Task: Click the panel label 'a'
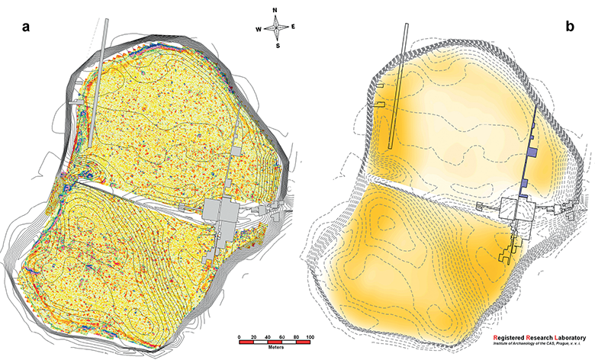pyautogui.click(x=26, y=27)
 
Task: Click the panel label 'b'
pyautogui.click(x=570, y=26)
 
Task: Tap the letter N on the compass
pyautogui.click(x=275, y=11)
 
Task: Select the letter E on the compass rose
pyautogui.click(x=293, y=27)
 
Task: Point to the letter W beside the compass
pyautogui.click(x=259, y=30)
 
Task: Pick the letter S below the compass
pyautogui.click(x=278, y=46)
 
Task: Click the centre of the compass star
pyautogui.click(x=276, y=27)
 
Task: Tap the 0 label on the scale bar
pyautogui.click(x=239, y=337)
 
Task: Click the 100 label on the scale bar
pyautogui.click(x=310, y=337)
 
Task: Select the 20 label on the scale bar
pyautogui.click(x=253, y=337)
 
